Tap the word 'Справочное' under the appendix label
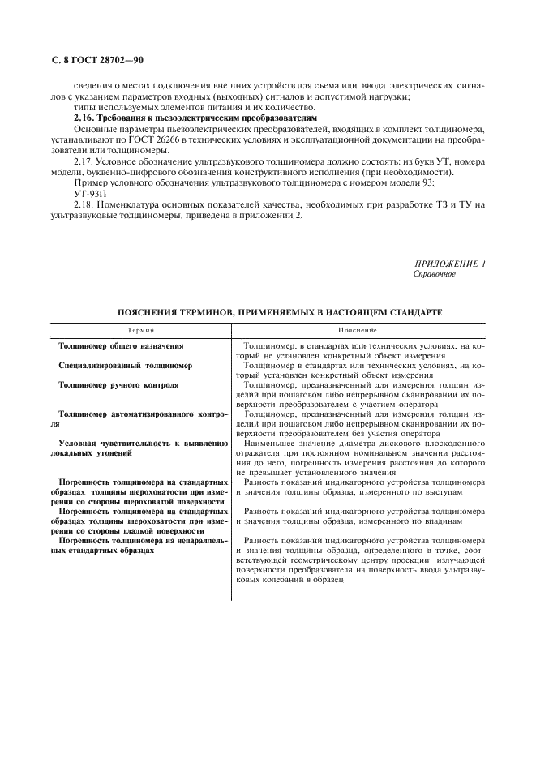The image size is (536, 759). click(435, 274)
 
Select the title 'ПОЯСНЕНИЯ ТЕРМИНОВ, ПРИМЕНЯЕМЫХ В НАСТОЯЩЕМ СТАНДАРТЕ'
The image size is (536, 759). click(280, 311)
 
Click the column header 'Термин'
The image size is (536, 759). click(141, 331)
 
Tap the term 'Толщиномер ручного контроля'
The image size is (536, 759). click(118, 385)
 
